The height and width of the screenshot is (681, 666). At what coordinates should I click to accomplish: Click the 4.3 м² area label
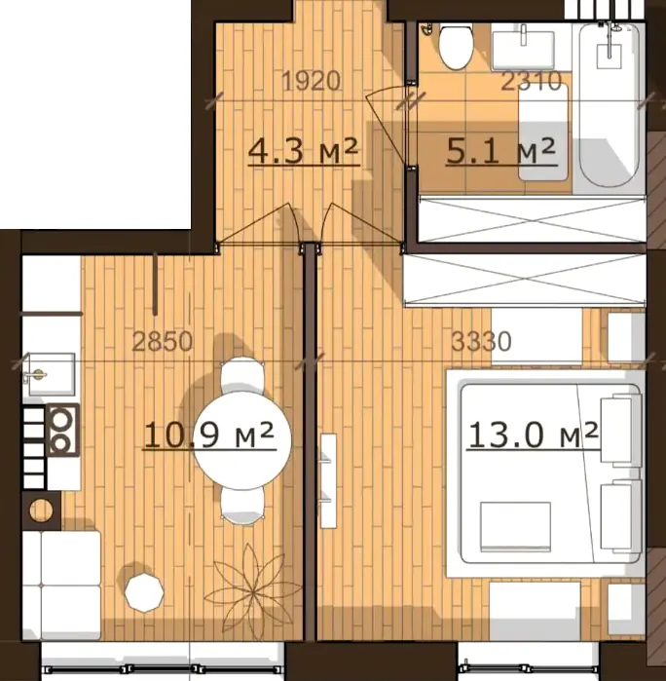pos(304,151)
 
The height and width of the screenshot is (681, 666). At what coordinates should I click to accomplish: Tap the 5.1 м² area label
pos(501,151)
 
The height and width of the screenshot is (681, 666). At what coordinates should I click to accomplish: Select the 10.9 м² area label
pos(209,435)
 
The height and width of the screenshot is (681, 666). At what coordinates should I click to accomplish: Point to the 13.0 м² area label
pos(534,435)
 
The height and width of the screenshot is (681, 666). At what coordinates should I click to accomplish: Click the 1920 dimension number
pos(311,81)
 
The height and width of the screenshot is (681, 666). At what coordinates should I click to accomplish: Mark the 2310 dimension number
pos(532,81)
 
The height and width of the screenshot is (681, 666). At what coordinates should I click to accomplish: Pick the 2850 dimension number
pos(162,341)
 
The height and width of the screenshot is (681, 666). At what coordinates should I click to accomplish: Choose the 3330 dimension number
pos(481,341)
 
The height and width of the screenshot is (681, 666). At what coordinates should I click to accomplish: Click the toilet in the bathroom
pos(456,46)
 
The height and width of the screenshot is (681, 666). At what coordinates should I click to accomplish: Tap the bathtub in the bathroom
pos(610,105)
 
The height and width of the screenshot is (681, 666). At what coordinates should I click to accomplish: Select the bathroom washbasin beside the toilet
pos(523,49)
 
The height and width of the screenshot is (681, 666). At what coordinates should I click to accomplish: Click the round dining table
pos(241,440)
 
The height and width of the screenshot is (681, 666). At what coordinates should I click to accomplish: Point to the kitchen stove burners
pos(62,430)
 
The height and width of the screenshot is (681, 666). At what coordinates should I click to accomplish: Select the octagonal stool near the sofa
pos(144,592)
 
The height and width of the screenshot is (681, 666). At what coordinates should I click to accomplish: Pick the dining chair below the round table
pos(242,507)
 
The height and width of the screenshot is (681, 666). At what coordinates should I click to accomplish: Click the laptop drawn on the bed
pos(515,527)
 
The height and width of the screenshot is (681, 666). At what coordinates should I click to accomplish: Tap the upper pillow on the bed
pos(620,430)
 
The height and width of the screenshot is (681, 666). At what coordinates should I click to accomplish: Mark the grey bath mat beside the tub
pos(543,132)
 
